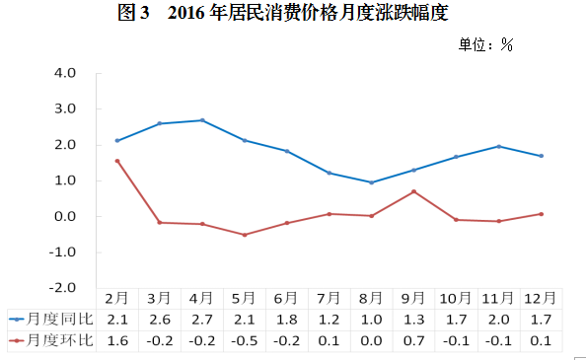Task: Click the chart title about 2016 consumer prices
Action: [x=292, y=13]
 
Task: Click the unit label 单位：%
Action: [x=486, y=44]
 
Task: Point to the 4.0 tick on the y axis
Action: [x=65, y=73]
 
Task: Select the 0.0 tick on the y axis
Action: [x=65, y=217]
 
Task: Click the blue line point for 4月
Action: [x=202, y=120]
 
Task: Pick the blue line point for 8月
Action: [x=371, y=182]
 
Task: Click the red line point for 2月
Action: [x=117, y=161]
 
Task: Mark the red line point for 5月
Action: [x=245, y=235]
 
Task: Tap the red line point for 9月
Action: [x=413, y=191]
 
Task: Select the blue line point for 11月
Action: [x=498, y=146]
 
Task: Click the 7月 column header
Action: [x=329, y=298]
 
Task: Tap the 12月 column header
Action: [x=541, y=298]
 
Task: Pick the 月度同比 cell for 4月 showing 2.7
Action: [x=202, y=320]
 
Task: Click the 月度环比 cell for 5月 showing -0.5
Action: [x=245, y=340]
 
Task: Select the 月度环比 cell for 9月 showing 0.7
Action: [x=413, y=340]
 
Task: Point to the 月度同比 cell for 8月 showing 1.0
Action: [x=371, y=320]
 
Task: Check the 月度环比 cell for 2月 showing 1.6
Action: [x=117, y=340]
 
